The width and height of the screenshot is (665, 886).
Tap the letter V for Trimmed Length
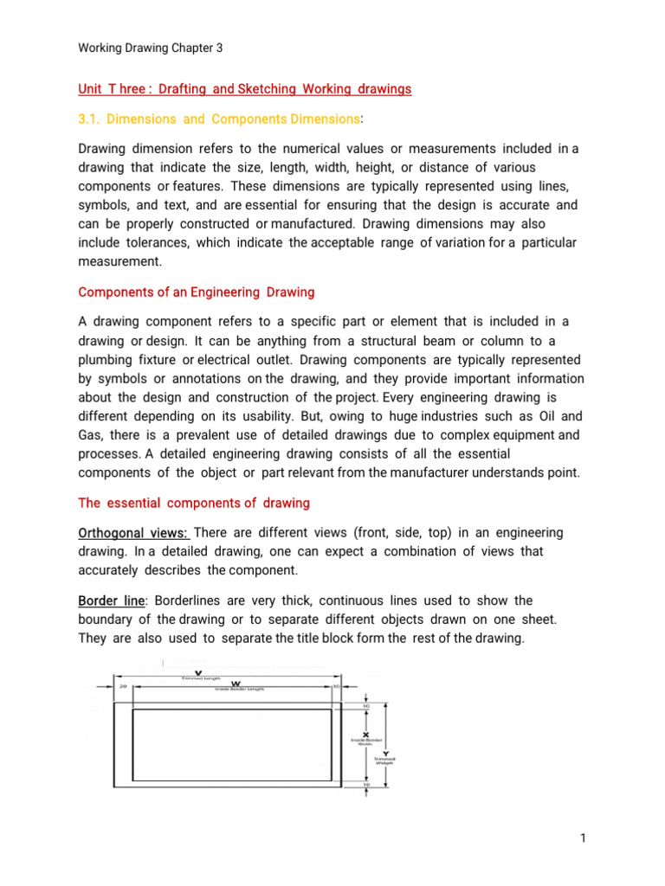pos(201,672)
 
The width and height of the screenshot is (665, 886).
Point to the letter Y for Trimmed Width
pos(384,754)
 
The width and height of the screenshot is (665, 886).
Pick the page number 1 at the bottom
pos(584,838)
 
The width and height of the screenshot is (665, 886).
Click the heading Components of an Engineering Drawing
pos(196,292)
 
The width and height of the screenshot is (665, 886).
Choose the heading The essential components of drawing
pos(194,503)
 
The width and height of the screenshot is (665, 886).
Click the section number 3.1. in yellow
pos(93,118)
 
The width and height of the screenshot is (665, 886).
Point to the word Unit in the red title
pos(91,89)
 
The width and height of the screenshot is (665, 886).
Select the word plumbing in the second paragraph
pos(105,359)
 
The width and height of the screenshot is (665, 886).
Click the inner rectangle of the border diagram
pos(232,748)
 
